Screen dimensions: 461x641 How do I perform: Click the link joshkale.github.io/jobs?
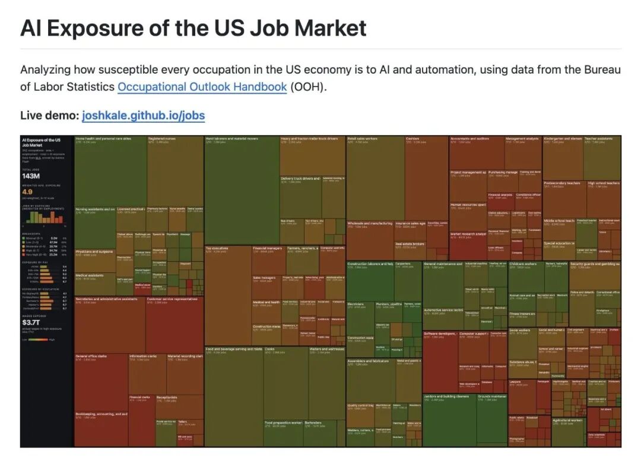pos(143,115)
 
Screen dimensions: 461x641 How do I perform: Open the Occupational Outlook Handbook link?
pos(202,87)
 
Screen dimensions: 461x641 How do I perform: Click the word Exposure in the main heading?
pos(106,28)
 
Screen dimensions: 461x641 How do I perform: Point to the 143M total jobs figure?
pos(30,176)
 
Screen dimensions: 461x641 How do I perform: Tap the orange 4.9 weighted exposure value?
pos(27,192)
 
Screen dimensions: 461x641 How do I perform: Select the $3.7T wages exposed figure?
pos(31,322)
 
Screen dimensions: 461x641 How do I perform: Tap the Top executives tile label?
pos(217,248)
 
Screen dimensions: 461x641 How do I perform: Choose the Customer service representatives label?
pos(172,299)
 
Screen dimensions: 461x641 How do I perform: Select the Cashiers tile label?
pos(413,138)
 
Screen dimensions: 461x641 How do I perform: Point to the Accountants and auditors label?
pos(469,138)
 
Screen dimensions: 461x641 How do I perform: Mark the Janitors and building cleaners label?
pos(446,396)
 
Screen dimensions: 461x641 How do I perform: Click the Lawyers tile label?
pos(515,381)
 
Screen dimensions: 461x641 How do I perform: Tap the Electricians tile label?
pos(356,304)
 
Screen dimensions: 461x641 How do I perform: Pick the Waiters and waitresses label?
pos(326,349)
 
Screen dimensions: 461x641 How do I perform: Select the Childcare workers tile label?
pos(523,263)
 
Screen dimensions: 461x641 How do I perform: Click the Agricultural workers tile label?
pos(567,420)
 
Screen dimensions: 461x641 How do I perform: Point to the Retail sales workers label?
pos(363,138)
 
